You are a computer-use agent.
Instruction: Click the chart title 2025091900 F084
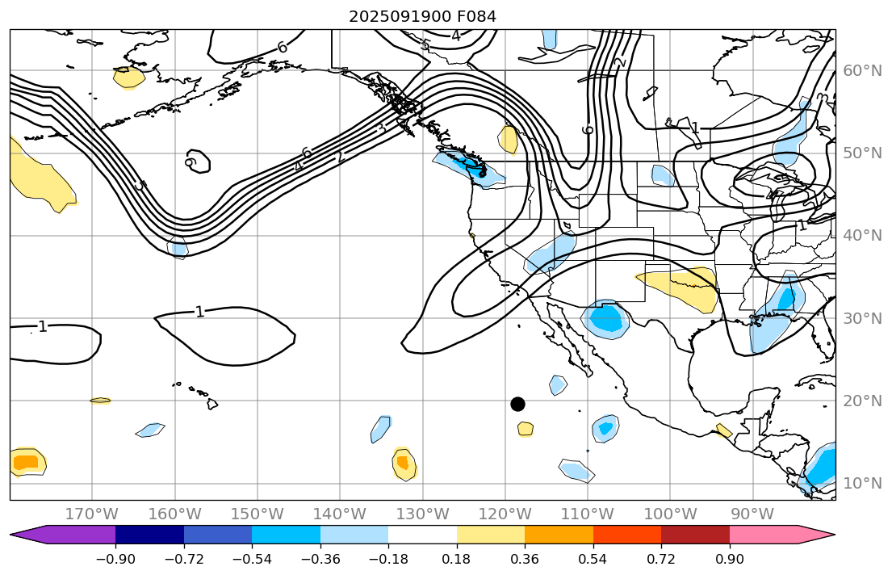pyautogui.click(x=422, y=15)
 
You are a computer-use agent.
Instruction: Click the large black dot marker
pyautogui.click(x=518, y=404)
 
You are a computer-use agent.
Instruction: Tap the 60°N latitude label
pyautogui.click(x=863, y=71)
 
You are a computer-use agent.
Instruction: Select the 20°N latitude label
pyautogui.click(x=863, y=401)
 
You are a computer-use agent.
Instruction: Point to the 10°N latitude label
pyautogui.click(x=863, y=484)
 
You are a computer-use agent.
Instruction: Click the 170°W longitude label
pyautogui.click(x=92, y=514)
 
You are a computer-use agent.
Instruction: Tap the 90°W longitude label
pyautogui.click(x=753, y=514)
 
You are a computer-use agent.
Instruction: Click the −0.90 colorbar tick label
pyautogui.click(x=115, y=559)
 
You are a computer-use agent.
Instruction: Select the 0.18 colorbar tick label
pyautogui.click(x=457, y=559)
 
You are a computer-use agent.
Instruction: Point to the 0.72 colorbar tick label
pyautogui.click(x=661, y=559)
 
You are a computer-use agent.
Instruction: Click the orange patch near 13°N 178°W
pyautogui.click(x=25, y=462)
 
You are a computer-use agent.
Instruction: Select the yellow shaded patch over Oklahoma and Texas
pyautogui.click(x=682, y=287)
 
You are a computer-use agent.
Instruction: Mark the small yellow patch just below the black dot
pyautogui.click(x=526, y=428)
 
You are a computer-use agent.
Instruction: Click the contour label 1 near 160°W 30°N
pyautogui.click(x=199, y=312)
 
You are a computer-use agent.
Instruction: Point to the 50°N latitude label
pyautogui.click(x=863, y=153)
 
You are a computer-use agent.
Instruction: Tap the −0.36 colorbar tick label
pyautogui.click(x=320, y=559)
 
